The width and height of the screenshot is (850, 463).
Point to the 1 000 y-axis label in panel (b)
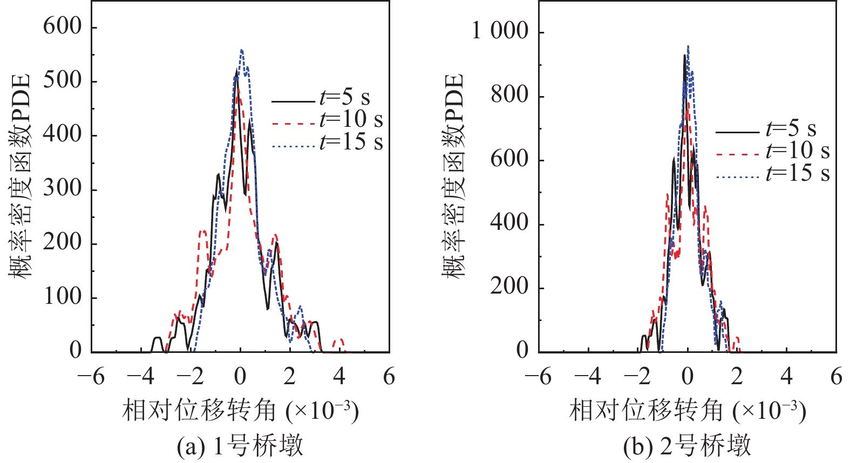click(500, 31)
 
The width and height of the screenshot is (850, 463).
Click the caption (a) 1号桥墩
click(240, 446)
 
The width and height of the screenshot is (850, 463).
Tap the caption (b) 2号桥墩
click(687, 446)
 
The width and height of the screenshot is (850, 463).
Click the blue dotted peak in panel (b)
click(688, 46)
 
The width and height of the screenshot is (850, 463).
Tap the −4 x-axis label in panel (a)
click(142, 376)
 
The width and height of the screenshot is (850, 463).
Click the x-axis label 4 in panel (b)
click(786, 376)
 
